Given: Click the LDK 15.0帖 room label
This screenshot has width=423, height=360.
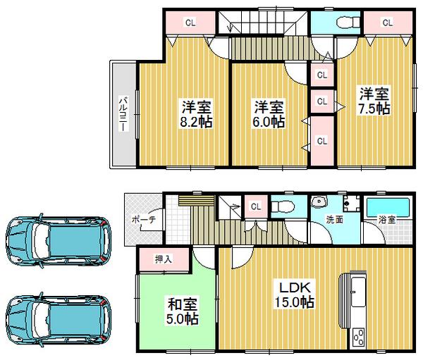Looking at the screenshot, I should tap(295, 295).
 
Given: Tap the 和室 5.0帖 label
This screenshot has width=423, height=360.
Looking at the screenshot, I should tap(182, 311).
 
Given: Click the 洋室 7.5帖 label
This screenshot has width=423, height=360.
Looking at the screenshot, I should tap(373, 101).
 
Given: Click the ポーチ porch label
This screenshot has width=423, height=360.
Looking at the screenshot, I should tap(143, 219).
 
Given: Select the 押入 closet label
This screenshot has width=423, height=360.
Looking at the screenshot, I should tap(162, 259).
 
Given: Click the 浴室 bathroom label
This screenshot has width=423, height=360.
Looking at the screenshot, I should tap(387, 220).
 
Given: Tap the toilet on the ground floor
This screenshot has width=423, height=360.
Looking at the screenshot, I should tap(283, 207).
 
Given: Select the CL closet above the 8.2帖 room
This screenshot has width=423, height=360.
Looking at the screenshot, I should tap(190, 23).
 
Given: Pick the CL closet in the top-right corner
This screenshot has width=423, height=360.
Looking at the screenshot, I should tap(387, 23).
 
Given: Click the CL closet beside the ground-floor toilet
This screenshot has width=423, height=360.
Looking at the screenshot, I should tap(255, 207).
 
